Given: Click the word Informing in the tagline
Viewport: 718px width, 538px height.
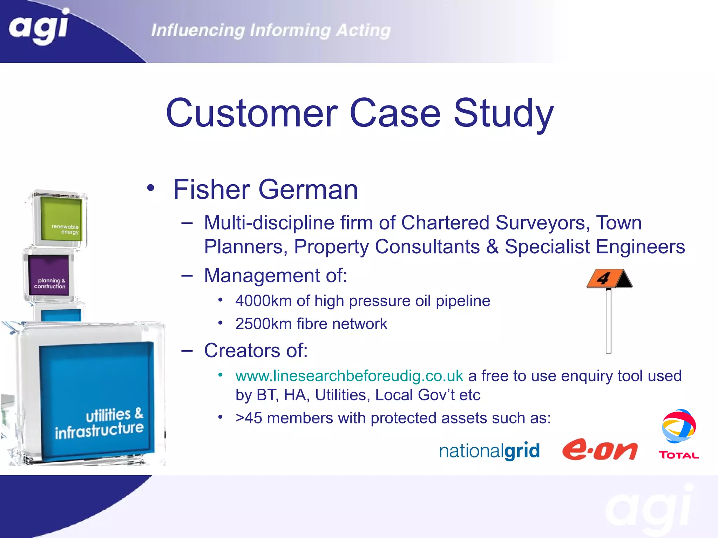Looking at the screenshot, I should (x=290, y=30).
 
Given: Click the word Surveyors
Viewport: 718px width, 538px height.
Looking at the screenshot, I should (x=540, y=223).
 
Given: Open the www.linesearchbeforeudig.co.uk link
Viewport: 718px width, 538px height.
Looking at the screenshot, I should (x=349, y=376).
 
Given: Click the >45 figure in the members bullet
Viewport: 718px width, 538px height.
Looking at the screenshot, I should (x=249, y=418).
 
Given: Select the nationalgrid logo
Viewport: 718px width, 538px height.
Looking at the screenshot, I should (x=489, y=451).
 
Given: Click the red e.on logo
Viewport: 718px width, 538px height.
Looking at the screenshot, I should (x=600, y=450).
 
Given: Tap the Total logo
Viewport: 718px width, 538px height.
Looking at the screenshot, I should (x=679, y=434).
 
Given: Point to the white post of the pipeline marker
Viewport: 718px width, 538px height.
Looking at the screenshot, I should (x=609, y=320).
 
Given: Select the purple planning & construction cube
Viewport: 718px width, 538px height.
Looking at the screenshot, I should (x=49, y=275).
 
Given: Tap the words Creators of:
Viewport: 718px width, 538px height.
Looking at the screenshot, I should (x=256, y=350).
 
